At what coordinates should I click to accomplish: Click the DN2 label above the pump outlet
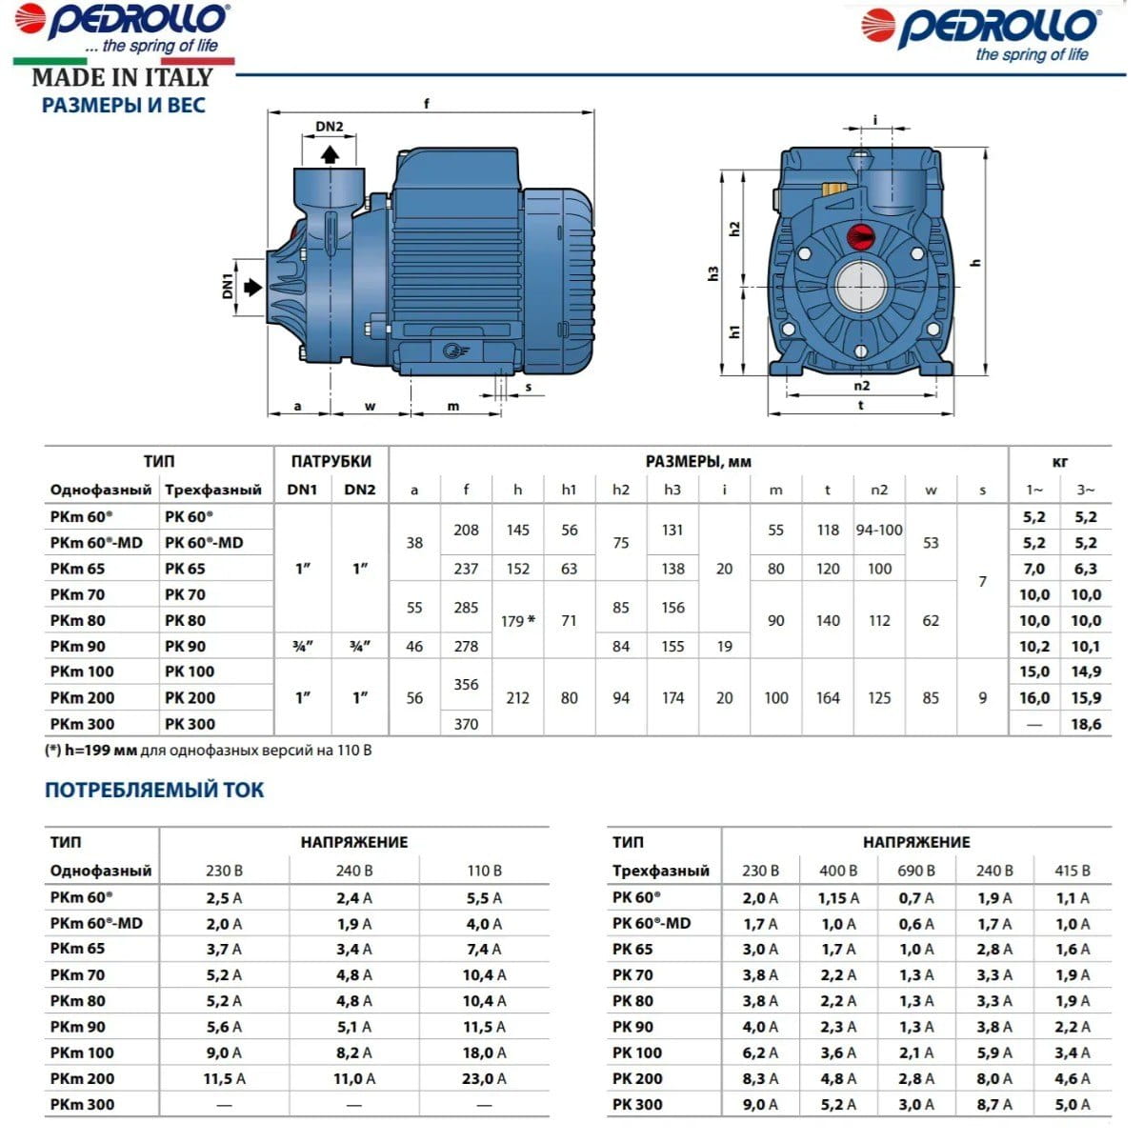[x=329, y=127]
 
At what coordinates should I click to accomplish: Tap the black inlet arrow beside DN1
[x=253, y=287]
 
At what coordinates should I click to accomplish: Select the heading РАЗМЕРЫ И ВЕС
[x=124, y=106]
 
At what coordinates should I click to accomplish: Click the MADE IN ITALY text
[x=122, y=77]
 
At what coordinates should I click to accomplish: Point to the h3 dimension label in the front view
[x=713, y=272]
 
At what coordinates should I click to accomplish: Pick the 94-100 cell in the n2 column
[x=878, y=530]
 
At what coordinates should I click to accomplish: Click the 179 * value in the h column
[x=517, y=620]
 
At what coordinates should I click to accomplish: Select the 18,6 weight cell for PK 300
[x=1086, y=724]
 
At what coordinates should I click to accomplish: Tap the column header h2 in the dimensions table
[x=620, y=490]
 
